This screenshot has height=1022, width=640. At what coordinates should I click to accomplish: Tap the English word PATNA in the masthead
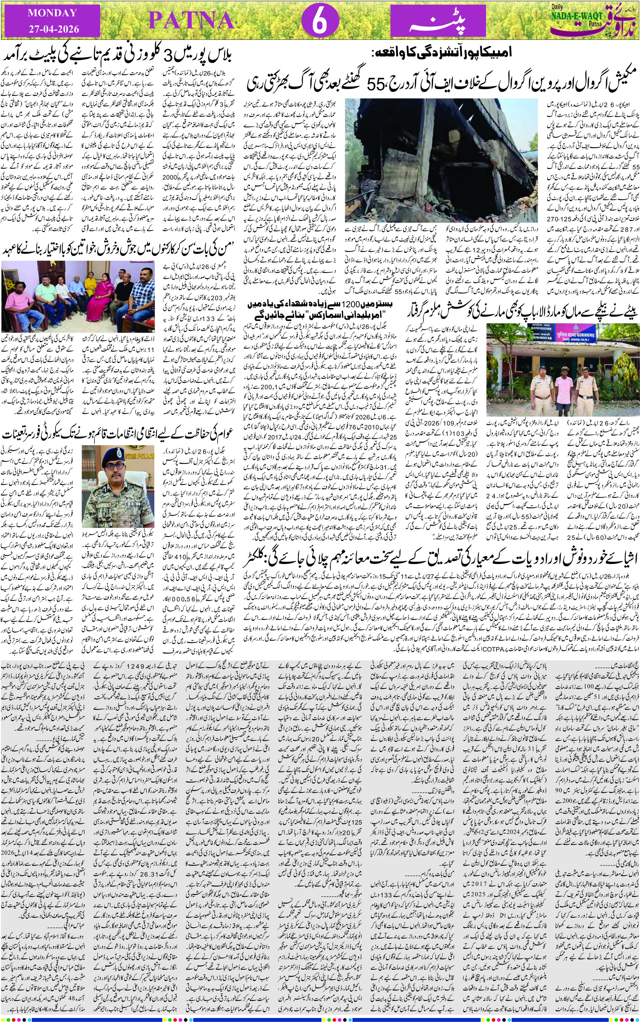(x=191, y=21)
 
